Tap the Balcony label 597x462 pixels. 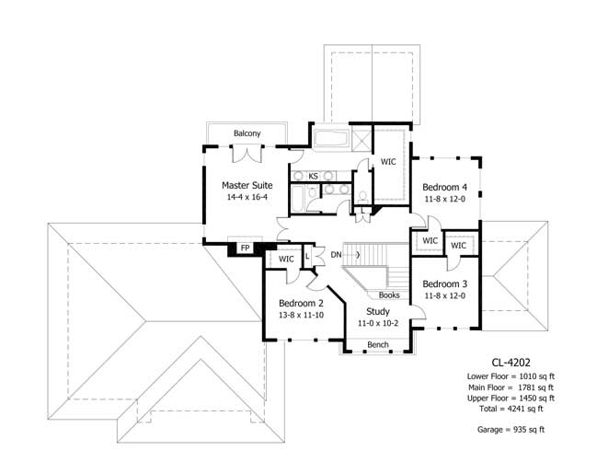(247, 133)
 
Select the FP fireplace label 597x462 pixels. (246, 248)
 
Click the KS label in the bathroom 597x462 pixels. (313, 176)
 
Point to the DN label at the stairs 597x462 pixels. (337, 254)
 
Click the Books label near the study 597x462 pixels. (389, 295)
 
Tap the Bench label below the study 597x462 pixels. (377, 345)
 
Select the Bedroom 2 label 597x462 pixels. (301, 303)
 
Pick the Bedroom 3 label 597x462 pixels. (445, 283)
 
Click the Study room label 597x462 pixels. (377, 312)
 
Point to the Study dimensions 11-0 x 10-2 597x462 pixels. (377, 324)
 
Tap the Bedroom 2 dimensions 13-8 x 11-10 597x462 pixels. (301, 315)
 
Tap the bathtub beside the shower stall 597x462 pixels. (328, 141)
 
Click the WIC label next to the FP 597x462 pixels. (286, 260)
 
